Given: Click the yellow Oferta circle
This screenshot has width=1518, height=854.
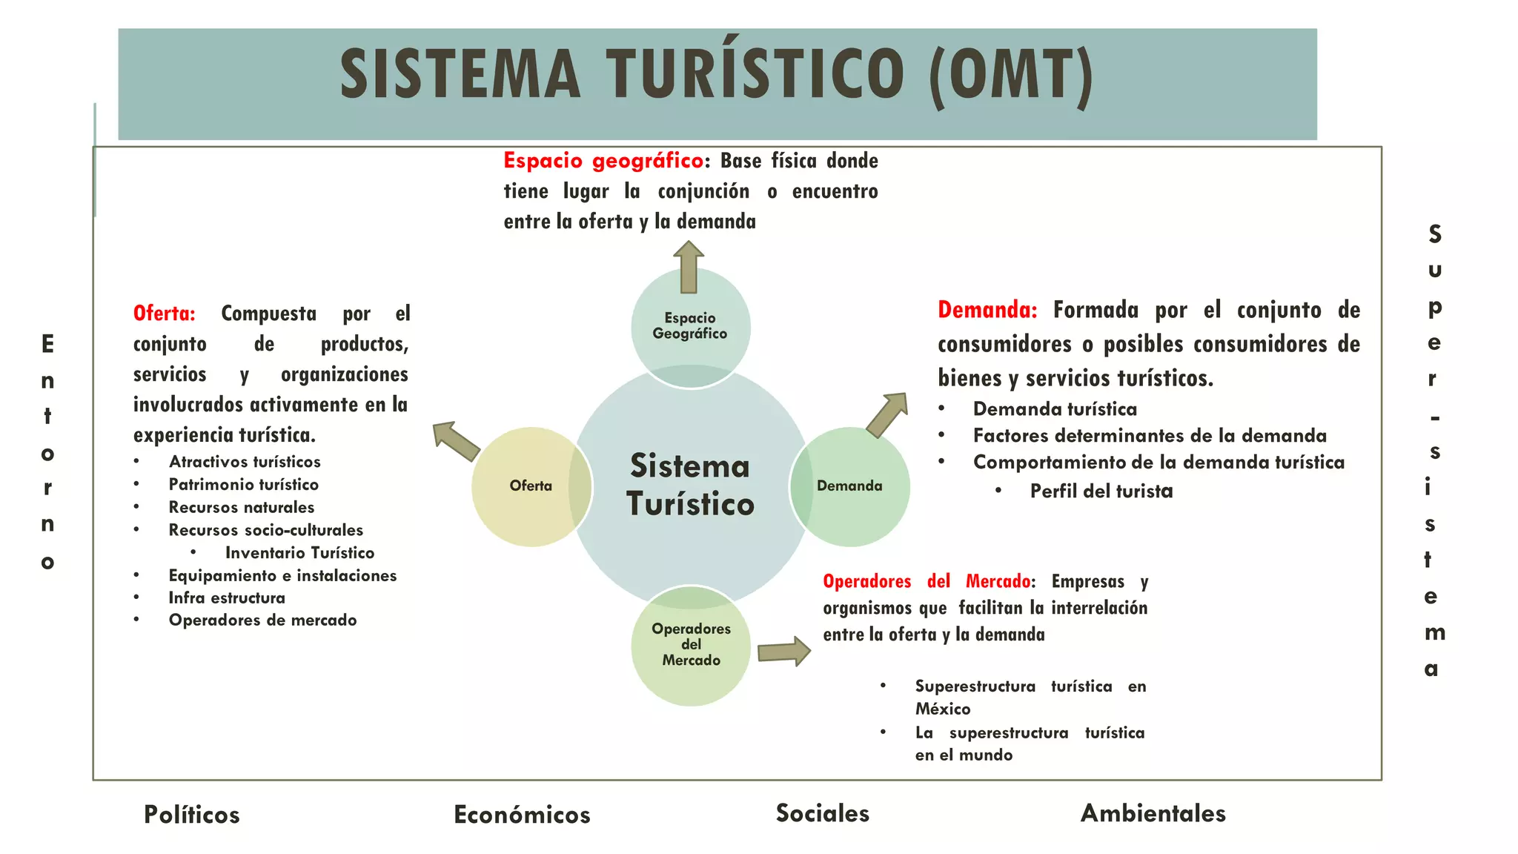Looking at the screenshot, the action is click(x=531, y=487).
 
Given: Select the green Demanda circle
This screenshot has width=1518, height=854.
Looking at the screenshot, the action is click(x=850, y=487).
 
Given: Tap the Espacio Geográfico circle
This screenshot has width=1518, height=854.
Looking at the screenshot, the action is click(x=691, y=327).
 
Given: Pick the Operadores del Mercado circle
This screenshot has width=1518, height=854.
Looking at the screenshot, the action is click(x=691, y=646).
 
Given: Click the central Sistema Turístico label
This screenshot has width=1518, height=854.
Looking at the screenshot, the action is click(x=690, y=485).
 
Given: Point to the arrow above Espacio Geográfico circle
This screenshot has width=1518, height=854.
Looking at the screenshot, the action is click(x=689, y=267).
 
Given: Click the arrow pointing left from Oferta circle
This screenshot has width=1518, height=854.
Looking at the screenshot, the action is click(x=456, y=441).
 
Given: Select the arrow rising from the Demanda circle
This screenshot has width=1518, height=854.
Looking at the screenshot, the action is click(x=887, y=414).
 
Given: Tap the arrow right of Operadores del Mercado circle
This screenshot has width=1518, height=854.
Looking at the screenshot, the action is click(x=784, y=652).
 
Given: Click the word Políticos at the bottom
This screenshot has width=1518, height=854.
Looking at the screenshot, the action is click(x=192, y=815).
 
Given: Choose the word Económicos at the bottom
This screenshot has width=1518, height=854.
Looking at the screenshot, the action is click(x=522, y=815).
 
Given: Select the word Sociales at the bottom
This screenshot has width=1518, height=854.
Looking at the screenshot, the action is click(x=823, y=813).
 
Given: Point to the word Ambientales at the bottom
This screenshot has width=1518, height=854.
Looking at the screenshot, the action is click(x=1153, y=813).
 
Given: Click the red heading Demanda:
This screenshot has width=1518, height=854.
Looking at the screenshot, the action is click(x=987, y=310).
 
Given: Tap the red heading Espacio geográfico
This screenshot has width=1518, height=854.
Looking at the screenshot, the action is click(x=603, y=161).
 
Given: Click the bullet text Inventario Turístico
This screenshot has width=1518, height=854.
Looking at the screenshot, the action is click(x=299, y=553).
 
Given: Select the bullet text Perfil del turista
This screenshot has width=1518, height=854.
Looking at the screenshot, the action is click(x=1101, y=491).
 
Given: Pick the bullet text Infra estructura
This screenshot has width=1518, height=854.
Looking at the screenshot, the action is click(x=227, y=598).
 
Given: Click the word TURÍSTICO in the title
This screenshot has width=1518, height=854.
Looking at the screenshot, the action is click(x=755, y=73).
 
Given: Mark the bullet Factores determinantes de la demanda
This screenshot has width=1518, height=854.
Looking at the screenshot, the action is click(x=1150, y=436).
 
